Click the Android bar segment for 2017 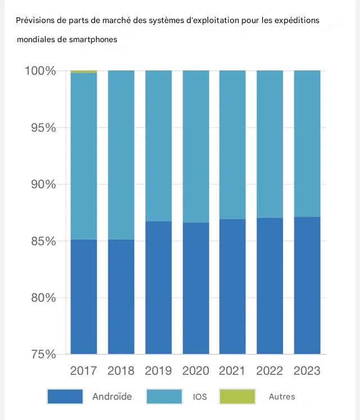point(84,297)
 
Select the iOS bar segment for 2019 point(159,146)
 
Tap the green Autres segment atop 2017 point(84,72)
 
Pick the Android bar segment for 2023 point(307,286)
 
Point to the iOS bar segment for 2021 point(232,145)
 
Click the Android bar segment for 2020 point(196,288)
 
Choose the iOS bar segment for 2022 point(269,144)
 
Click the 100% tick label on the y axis point(40,71)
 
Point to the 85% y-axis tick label point(43,241)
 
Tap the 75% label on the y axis point(43,354)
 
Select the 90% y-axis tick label point(43,184)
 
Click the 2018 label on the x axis point(121,371)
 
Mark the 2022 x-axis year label point(269,371)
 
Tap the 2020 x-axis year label point(196,371)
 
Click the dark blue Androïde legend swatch point(65,396)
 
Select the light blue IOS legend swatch point(164,396)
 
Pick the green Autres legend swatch point(237,396)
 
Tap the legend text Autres point(282,396)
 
